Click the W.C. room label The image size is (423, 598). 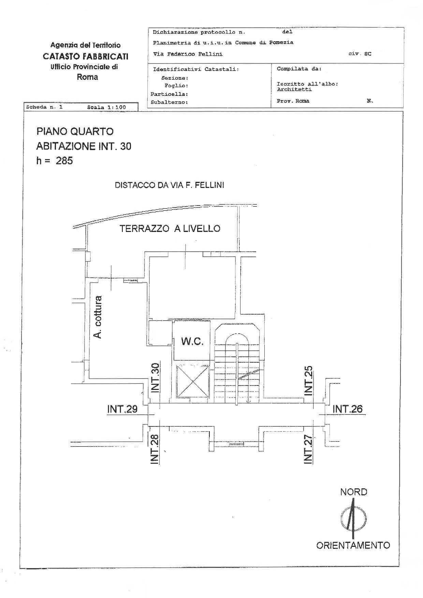click(192, 341)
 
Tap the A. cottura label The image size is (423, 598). click(98, 317)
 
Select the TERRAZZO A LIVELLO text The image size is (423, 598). click(170, 229)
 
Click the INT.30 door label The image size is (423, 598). click(155, 378)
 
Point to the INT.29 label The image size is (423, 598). click(122, 409)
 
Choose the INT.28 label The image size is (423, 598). click(155, 449)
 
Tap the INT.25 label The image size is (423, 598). click(308, 381)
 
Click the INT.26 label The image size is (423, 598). click(347, 409)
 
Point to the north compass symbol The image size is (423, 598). click(353, 519)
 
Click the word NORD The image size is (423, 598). click(353, 492)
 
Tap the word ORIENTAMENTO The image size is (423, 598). click(353, 545)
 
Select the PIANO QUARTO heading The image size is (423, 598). click(75, 131)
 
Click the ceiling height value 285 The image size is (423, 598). click(64, 161)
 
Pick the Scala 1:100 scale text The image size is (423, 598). click(106, 107)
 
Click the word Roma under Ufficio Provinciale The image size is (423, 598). click(87, 77)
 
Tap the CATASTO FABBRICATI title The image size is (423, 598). click(85, 56)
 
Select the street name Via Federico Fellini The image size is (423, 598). click(188, 54)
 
